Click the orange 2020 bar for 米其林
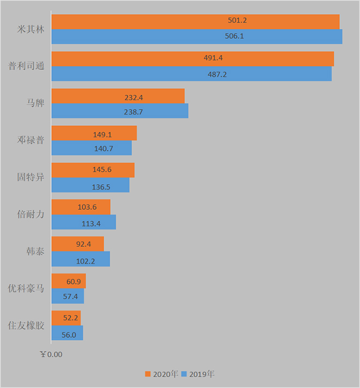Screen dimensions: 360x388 click(x=195, y=22)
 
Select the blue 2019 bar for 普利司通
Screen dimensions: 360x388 click(x=191, y=74)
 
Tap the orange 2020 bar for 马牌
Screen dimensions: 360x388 click(x=118, y=96)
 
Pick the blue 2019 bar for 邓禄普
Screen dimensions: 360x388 click(x=92, y=148)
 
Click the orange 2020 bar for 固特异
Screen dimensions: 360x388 click(x=93, y=170)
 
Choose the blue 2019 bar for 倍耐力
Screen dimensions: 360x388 click(x=84, y=222)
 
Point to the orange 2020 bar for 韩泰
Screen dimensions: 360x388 click(x=77, y=244)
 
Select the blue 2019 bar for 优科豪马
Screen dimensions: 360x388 click(x=68, y=296)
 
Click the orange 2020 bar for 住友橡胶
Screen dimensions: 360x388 click(x=66, y=318)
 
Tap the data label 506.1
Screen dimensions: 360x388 click(x=235, y=36)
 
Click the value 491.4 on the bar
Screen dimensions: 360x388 click(x=213, y=58)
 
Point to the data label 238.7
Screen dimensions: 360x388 click(x=133, y=112)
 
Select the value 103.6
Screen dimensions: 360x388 click(x=87, y=207)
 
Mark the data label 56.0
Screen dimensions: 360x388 click(x=69, y=335)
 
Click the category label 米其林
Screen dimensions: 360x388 click(x=31, y=29)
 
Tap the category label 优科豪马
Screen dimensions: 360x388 click(x=26, y=288)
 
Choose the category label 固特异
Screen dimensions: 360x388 click(x=31, y=177)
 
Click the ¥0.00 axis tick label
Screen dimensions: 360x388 click(x=51, y=354)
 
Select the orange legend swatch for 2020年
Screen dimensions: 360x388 click(x=148, y=374)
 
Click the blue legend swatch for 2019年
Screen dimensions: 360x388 click(x=184, y=374)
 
